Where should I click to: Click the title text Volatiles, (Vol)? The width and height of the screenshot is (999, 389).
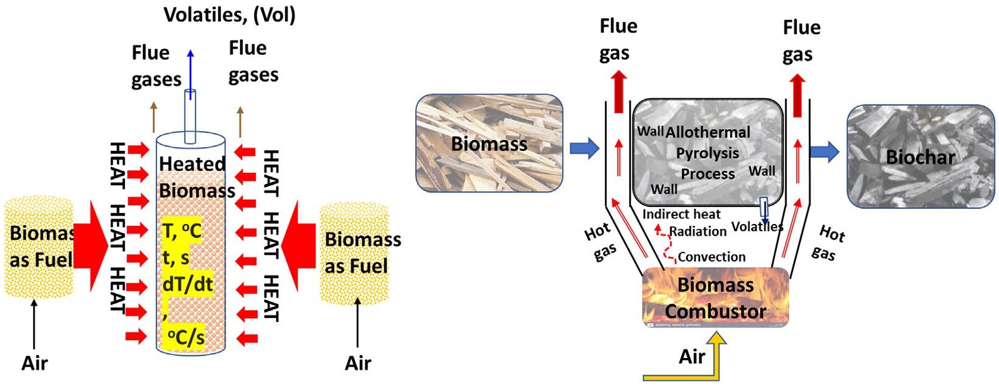point(230,15)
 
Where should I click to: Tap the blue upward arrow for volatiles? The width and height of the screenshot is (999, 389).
point(191,70)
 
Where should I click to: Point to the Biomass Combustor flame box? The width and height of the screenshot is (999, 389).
point(716,298)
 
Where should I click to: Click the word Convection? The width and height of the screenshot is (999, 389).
point(711,257)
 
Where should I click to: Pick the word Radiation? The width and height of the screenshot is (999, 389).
point(698,231)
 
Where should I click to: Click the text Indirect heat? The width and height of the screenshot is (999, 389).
point(682,214)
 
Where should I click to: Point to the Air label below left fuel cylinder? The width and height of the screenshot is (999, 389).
point(35,363)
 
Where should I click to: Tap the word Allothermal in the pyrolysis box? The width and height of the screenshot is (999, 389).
point(708,132)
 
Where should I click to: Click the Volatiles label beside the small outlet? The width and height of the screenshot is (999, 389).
point(757,227)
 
